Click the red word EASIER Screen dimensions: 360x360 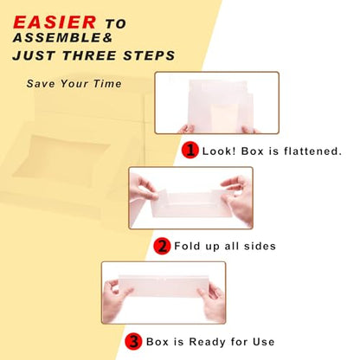[x=55, y=22]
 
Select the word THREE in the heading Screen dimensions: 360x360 [x=91, y=55]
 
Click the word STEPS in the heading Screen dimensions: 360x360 [x=149, y=55]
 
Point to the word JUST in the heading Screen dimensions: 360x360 [x=35, y=55]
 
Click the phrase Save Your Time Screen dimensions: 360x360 [x=74, y=84]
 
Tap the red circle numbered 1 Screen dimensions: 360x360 [x=190, y=150]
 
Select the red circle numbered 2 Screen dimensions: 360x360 [x=162, y=246]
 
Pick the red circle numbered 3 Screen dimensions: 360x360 [x=133, y=342]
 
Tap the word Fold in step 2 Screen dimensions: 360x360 [x=187, y=246]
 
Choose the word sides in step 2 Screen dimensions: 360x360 [x=260, y=246]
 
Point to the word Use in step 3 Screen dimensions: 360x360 [x=263, y=342]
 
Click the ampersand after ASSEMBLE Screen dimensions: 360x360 [x=108, y=38]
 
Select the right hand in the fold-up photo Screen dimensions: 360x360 [x=237, y=199]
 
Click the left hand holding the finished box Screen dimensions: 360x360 [x=116, y=300]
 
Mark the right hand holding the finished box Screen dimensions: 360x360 [x=212, y=302]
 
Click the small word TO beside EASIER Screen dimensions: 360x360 [x=116, y=24]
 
